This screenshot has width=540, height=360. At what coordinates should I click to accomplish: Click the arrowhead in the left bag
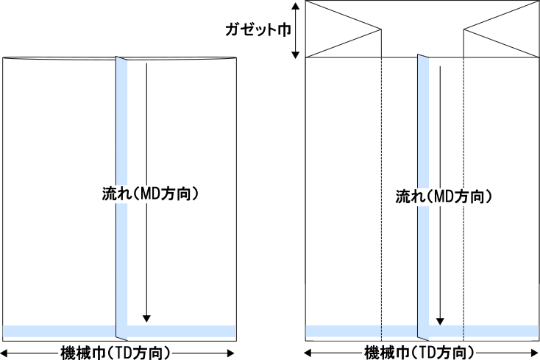point(146,319)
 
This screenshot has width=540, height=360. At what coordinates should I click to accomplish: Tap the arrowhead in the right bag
point(441,321)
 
